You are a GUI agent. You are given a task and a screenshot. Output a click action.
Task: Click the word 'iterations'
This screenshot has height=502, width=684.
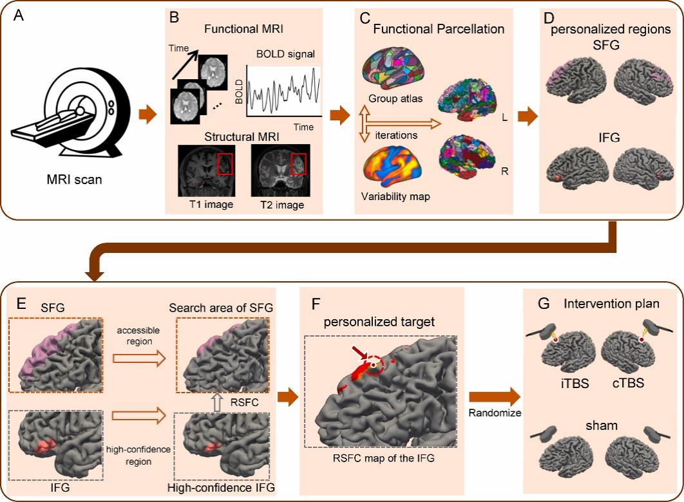399,135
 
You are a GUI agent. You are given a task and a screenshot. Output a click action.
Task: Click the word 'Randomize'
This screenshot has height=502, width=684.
494,413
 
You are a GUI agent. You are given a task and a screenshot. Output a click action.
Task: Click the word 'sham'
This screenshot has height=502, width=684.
597,426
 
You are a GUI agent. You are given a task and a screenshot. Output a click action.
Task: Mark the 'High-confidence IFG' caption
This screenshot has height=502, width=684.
221,489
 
